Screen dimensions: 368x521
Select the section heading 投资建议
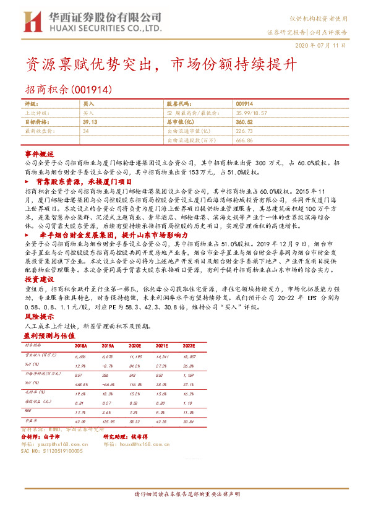(x=40, y=280)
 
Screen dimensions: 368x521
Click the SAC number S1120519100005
(x=61, y=451)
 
